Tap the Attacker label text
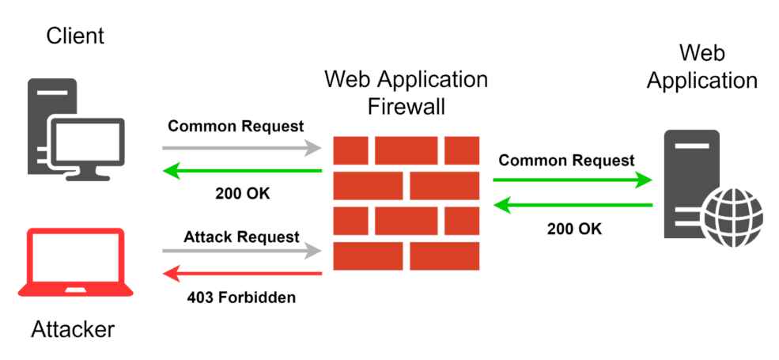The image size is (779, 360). click(73, 329)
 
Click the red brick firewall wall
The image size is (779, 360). click(406, 203)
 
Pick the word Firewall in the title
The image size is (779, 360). click(406, 106)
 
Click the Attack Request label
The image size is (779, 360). click(241, 237)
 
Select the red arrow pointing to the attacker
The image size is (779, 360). click(241, 274)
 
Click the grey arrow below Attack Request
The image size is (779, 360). click(241, 252)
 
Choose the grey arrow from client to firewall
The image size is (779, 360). click(241, 147)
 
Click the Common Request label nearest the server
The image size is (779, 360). click(566, 161)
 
